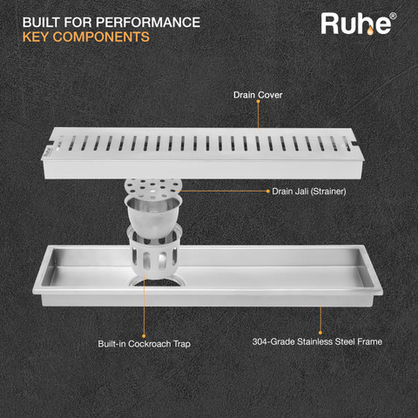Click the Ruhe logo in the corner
[x=359, y=24]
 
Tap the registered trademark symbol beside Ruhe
[x=393, y=16]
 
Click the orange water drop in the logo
[x=370, y=30]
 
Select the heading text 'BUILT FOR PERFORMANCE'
[x=111, y=23]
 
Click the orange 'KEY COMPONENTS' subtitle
[x=86, y=37]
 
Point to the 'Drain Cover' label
[x=258, y=95]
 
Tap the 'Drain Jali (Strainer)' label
[x=309, y=192]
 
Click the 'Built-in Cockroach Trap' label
[x=145, y=344]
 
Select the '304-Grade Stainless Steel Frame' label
[x=317, y=341]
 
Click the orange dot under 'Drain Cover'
[x=258, y=102]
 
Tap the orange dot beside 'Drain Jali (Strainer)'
[x=268, y=191]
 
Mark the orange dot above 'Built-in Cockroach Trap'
[x=144, y=336]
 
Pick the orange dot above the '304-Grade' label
[x=320, y=333]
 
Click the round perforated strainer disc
[x=153, y=186]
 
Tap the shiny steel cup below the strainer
[x=153, y=216]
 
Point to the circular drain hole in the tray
[x=156, y=280]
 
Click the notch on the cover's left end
[x=51, y=143]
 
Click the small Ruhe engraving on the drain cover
[x=48, y=152]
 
